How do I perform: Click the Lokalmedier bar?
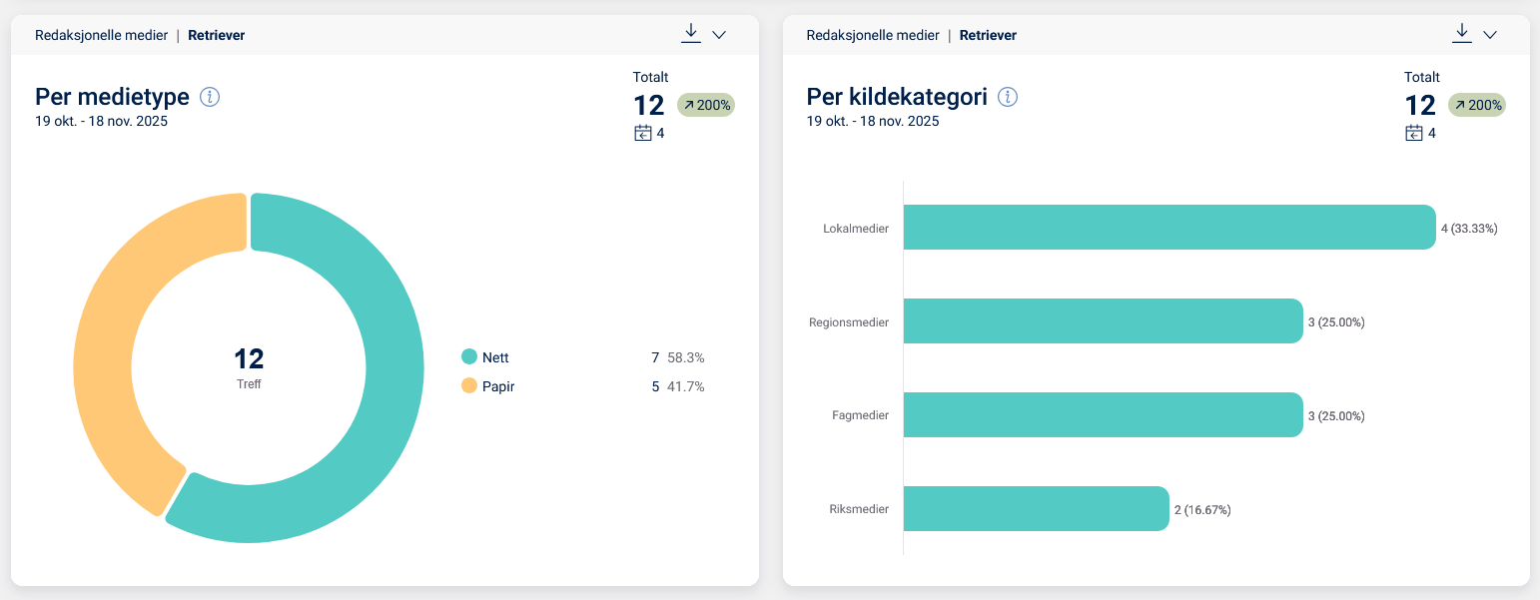[x=1168, y=228]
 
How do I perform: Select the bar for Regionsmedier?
[x=1103, y=321]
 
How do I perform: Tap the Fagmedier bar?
[x=1103, y=415]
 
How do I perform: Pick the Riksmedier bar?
[x=1036, y=509]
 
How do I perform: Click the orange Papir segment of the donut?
[x=110, y=339]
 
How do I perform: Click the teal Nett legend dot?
[x=469, y=357]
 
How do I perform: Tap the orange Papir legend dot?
[x=469, y=386]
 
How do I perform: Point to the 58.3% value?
[x=686, y=357]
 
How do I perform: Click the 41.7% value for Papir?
[x=686, y=386]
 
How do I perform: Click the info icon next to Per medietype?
[x=210, y=97]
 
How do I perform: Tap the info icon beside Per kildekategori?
[x=1008, y=97]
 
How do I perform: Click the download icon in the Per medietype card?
[x=690, y=33]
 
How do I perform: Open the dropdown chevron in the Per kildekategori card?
[x=1490, y=35]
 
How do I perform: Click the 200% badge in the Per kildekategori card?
[x=1477, y=105]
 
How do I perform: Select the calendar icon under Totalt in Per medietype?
[x=643, y=133]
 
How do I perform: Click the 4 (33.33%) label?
[x=1469, y=229]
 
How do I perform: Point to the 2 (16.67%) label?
[x=1202, y=510]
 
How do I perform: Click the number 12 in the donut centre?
[x=249, y=358]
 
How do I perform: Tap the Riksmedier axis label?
[x=859, y=510]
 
